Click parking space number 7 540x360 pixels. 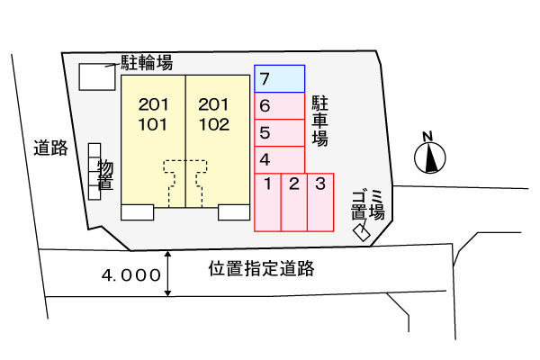(x=280, y=79)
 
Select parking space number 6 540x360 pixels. (x=280, y=106)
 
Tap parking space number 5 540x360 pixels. (x=280, y=133)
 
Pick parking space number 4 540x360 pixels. (x=280, y=160)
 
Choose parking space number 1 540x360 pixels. (x=267, y=202)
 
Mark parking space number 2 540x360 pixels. (x=294, y=202)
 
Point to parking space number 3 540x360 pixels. (x=320, y=202)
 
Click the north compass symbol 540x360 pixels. (x=430, y=154)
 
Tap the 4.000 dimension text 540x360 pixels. (x=131, y=275)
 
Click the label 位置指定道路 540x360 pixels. (x=261, y=268)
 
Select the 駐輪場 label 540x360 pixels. (x=147, y=63)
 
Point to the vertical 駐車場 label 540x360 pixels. (x=319, y=121)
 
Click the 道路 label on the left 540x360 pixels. (x=50, y=148)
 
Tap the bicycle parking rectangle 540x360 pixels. (x=97, y=77)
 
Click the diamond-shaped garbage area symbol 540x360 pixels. (x=362, y=232)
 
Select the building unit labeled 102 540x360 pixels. (x=218, y=141)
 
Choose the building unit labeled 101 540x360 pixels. (x=153, y=141)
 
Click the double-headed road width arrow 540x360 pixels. (x=167, y=274)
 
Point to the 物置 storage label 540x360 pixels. (x=105, y=175)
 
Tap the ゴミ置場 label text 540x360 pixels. (x=368, y=206)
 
